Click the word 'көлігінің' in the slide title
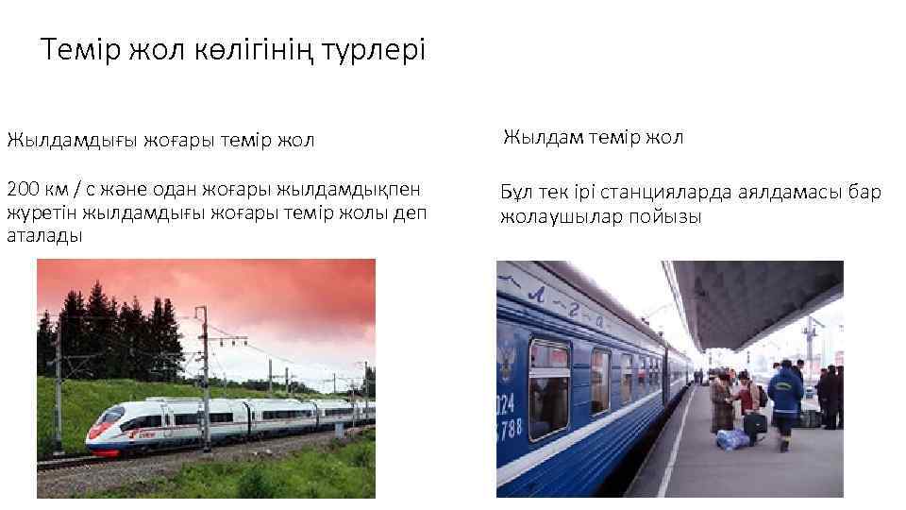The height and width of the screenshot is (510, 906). pyautogui.click(x=249, y=50)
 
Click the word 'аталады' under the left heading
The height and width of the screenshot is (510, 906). pyautogui.click(x=44, y=236)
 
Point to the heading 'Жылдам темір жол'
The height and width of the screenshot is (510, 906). pyautogui.click(x=593, y=138)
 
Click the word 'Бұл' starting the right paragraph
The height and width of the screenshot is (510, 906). pyautogui.click(x=516, y=193)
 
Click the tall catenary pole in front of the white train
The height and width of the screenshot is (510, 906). pyautogui.click(x=203, y=378)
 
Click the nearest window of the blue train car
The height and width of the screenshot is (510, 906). pyautogui.click(x=548, y=387)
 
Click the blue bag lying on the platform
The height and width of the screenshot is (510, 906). pyautogui.click(x=732, y=439)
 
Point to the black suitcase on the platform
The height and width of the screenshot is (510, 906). pyautogui.click(x=755, y=424)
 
